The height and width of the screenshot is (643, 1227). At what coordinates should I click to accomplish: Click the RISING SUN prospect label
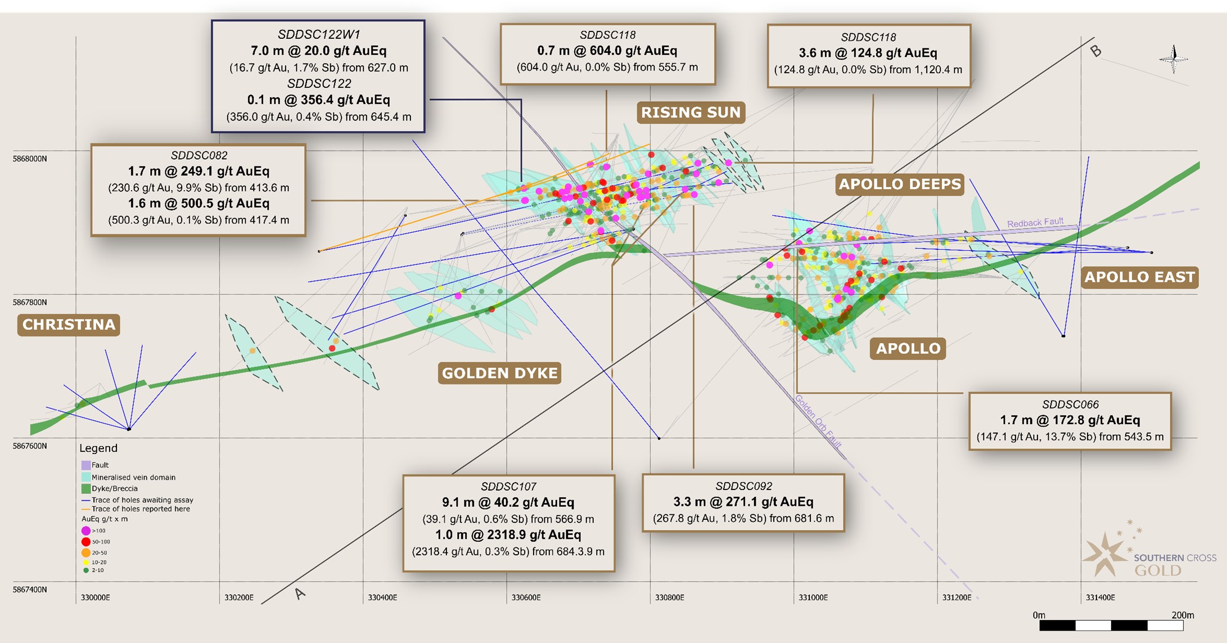[691, 113]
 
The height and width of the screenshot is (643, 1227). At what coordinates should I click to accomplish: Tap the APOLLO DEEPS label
[899, 185]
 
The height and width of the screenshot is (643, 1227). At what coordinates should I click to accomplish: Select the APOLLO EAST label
[1139, 277]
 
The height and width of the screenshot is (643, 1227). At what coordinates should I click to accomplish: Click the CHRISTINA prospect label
[69, 325]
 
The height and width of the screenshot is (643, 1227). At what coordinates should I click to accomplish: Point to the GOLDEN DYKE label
[499, 373]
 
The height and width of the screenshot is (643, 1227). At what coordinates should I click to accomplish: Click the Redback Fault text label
[1035, 223]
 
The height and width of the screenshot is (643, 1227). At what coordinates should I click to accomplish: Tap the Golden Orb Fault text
[818, 421]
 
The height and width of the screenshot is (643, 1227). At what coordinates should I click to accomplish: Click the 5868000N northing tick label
[30, 159]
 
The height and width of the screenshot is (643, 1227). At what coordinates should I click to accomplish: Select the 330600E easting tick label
[526, 597]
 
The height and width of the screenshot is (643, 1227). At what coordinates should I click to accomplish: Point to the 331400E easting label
[1100, 597]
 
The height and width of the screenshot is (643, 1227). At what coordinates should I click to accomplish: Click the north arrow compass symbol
[1173, 59]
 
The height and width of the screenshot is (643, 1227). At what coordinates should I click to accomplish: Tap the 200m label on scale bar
[1182, 615]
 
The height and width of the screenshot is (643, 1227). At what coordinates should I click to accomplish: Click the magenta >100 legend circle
[86, 530]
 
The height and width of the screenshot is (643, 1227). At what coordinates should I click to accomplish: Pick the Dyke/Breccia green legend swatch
[86, 488]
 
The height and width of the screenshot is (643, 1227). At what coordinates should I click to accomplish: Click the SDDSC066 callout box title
[1070, 404]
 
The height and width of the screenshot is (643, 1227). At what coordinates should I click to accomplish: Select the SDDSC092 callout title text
[743, 486]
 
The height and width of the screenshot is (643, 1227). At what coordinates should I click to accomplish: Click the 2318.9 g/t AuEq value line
[508, 534]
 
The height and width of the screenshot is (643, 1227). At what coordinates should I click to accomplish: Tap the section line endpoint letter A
[300, 593]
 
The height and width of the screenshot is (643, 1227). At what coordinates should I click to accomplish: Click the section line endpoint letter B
[1095, 51]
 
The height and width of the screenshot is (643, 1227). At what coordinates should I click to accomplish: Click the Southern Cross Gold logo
[1147, 557]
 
